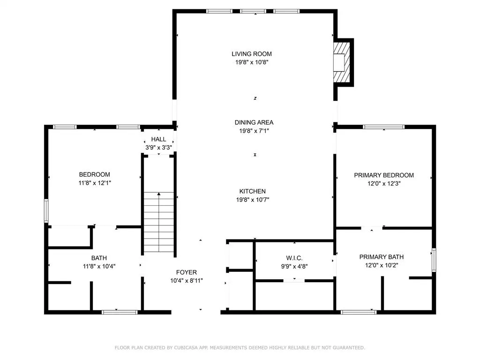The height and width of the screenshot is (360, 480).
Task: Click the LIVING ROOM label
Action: (252, 54)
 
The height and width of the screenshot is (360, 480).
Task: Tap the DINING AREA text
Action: (254, 122)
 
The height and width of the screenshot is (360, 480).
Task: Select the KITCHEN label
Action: (252, 191)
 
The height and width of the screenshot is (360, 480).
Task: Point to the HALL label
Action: (158, 139)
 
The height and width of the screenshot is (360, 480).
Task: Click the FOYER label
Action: (187, 272)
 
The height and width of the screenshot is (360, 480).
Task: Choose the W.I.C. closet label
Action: (294, 258)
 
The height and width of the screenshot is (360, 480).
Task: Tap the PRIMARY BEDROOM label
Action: (384, 175)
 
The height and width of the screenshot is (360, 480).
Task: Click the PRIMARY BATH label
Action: (382, 257)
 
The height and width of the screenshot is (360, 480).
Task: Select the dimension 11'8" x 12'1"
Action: (95, 183)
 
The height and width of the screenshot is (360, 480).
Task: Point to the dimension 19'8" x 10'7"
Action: (253, 200)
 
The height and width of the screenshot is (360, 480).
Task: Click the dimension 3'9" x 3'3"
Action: (158, 148)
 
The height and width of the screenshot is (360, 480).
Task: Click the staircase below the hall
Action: (159, 222)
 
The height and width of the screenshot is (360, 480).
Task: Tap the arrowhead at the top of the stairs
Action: (159, 194)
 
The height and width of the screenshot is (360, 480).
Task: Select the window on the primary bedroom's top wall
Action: (383, 127)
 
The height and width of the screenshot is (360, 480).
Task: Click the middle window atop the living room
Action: (253, 11)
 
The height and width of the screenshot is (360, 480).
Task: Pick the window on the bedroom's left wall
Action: (46, 210)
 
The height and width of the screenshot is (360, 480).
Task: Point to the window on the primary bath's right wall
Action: (434, 260)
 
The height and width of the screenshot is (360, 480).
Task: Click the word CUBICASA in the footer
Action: (186, 348)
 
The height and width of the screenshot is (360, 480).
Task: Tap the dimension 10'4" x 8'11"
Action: (187, 280)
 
